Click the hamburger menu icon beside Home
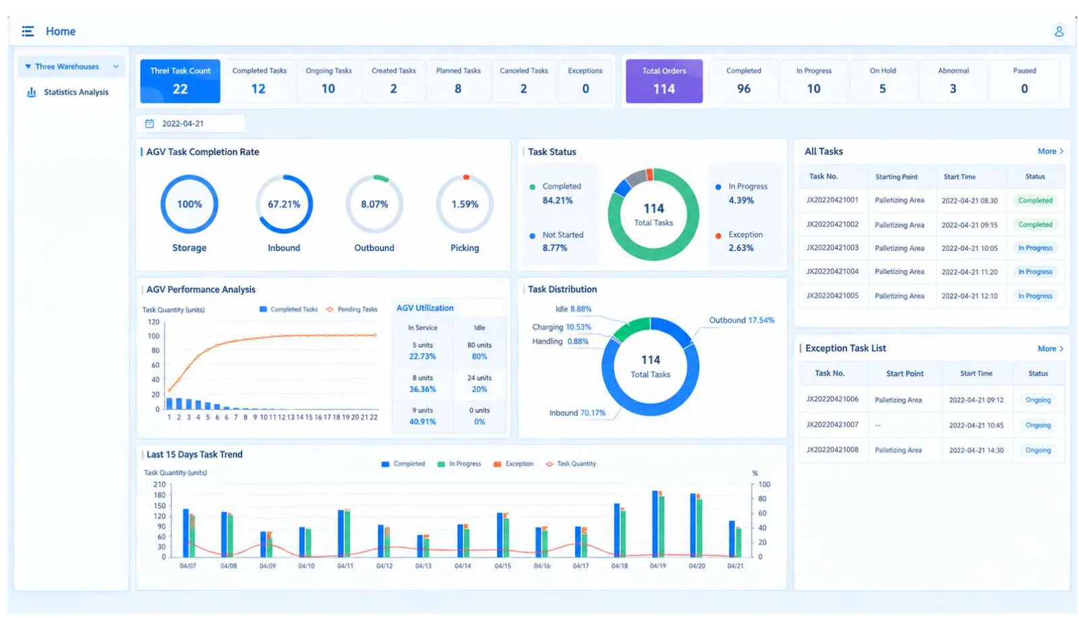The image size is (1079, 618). [28, 31]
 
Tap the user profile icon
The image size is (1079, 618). [1059, 31]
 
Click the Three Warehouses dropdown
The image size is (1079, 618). [71, 67]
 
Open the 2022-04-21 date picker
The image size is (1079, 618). [191, 123]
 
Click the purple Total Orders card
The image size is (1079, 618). [664, 81]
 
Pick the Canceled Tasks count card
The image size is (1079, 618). [523, 81]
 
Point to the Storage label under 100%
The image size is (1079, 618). [189, 248]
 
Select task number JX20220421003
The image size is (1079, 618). [832, 248]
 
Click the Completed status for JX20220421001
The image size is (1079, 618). [1035, 200]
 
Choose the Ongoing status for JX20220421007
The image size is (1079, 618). [1038, 425]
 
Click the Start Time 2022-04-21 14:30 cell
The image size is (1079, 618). [976, 450]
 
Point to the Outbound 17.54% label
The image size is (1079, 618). [742, 320]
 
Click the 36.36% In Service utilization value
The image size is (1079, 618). [422, 389]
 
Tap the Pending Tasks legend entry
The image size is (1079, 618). [352, 310]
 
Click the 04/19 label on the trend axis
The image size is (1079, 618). [658, 566]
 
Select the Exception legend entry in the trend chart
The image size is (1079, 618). [513, 463]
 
